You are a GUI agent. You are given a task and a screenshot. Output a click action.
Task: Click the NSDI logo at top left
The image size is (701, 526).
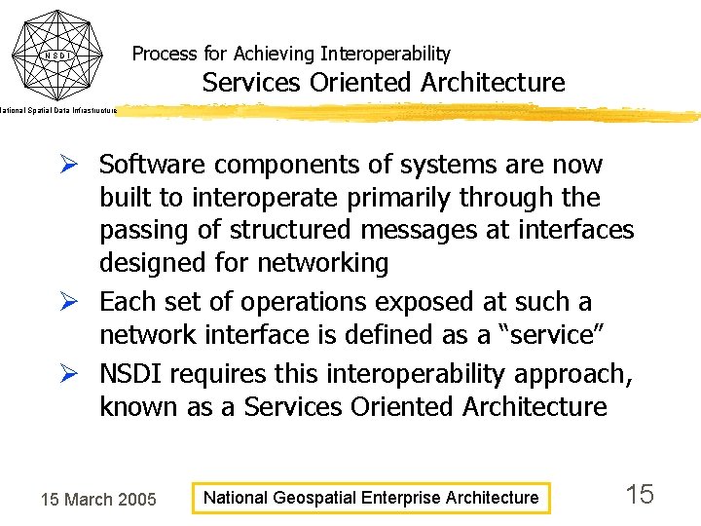point(56,54)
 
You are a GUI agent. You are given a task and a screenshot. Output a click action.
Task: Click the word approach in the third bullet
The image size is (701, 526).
point(565,375)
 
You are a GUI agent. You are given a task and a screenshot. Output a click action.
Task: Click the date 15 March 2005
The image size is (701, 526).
point(97,500)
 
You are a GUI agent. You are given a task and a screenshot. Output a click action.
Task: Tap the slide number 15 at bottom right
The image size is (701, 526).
point(640,495)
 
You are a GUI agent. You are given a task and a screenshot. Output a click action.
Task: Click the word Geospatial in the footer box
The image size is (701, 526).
point(315,498)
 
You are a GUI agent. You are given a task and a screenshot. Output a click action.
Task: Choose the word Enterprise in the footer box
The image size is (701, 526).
point(401,498)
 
